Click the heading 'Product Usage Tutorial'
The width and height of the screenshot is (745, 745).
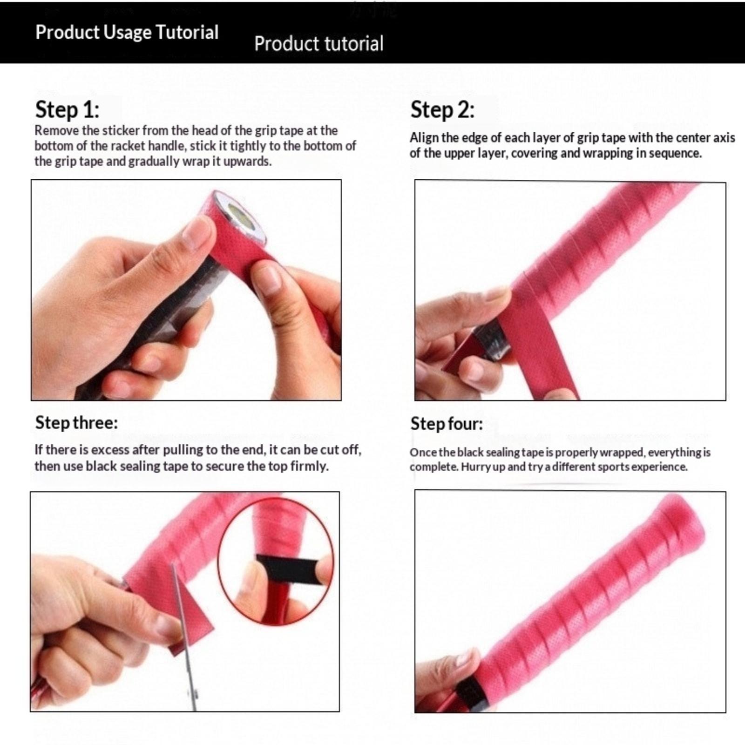[127, 33]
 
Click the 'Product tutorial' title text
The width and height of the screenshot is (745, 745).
[319, 43]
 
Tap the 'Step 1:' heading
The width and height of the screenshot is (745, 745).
[68, 110]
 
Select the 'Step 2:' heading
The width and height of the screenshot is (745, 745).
[442, 110]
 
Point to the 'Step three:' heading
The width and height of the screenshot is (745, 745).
[76, 422]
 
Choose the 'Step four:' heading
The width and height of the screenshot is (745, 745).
[447, 423]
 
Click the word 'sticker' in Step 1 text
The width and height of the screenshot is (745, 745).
[121, 130]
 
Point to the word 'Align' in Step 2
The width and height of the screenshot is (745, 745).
[424, 138]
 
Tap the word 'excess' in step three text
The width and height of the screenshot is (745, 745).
[110, 450]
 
